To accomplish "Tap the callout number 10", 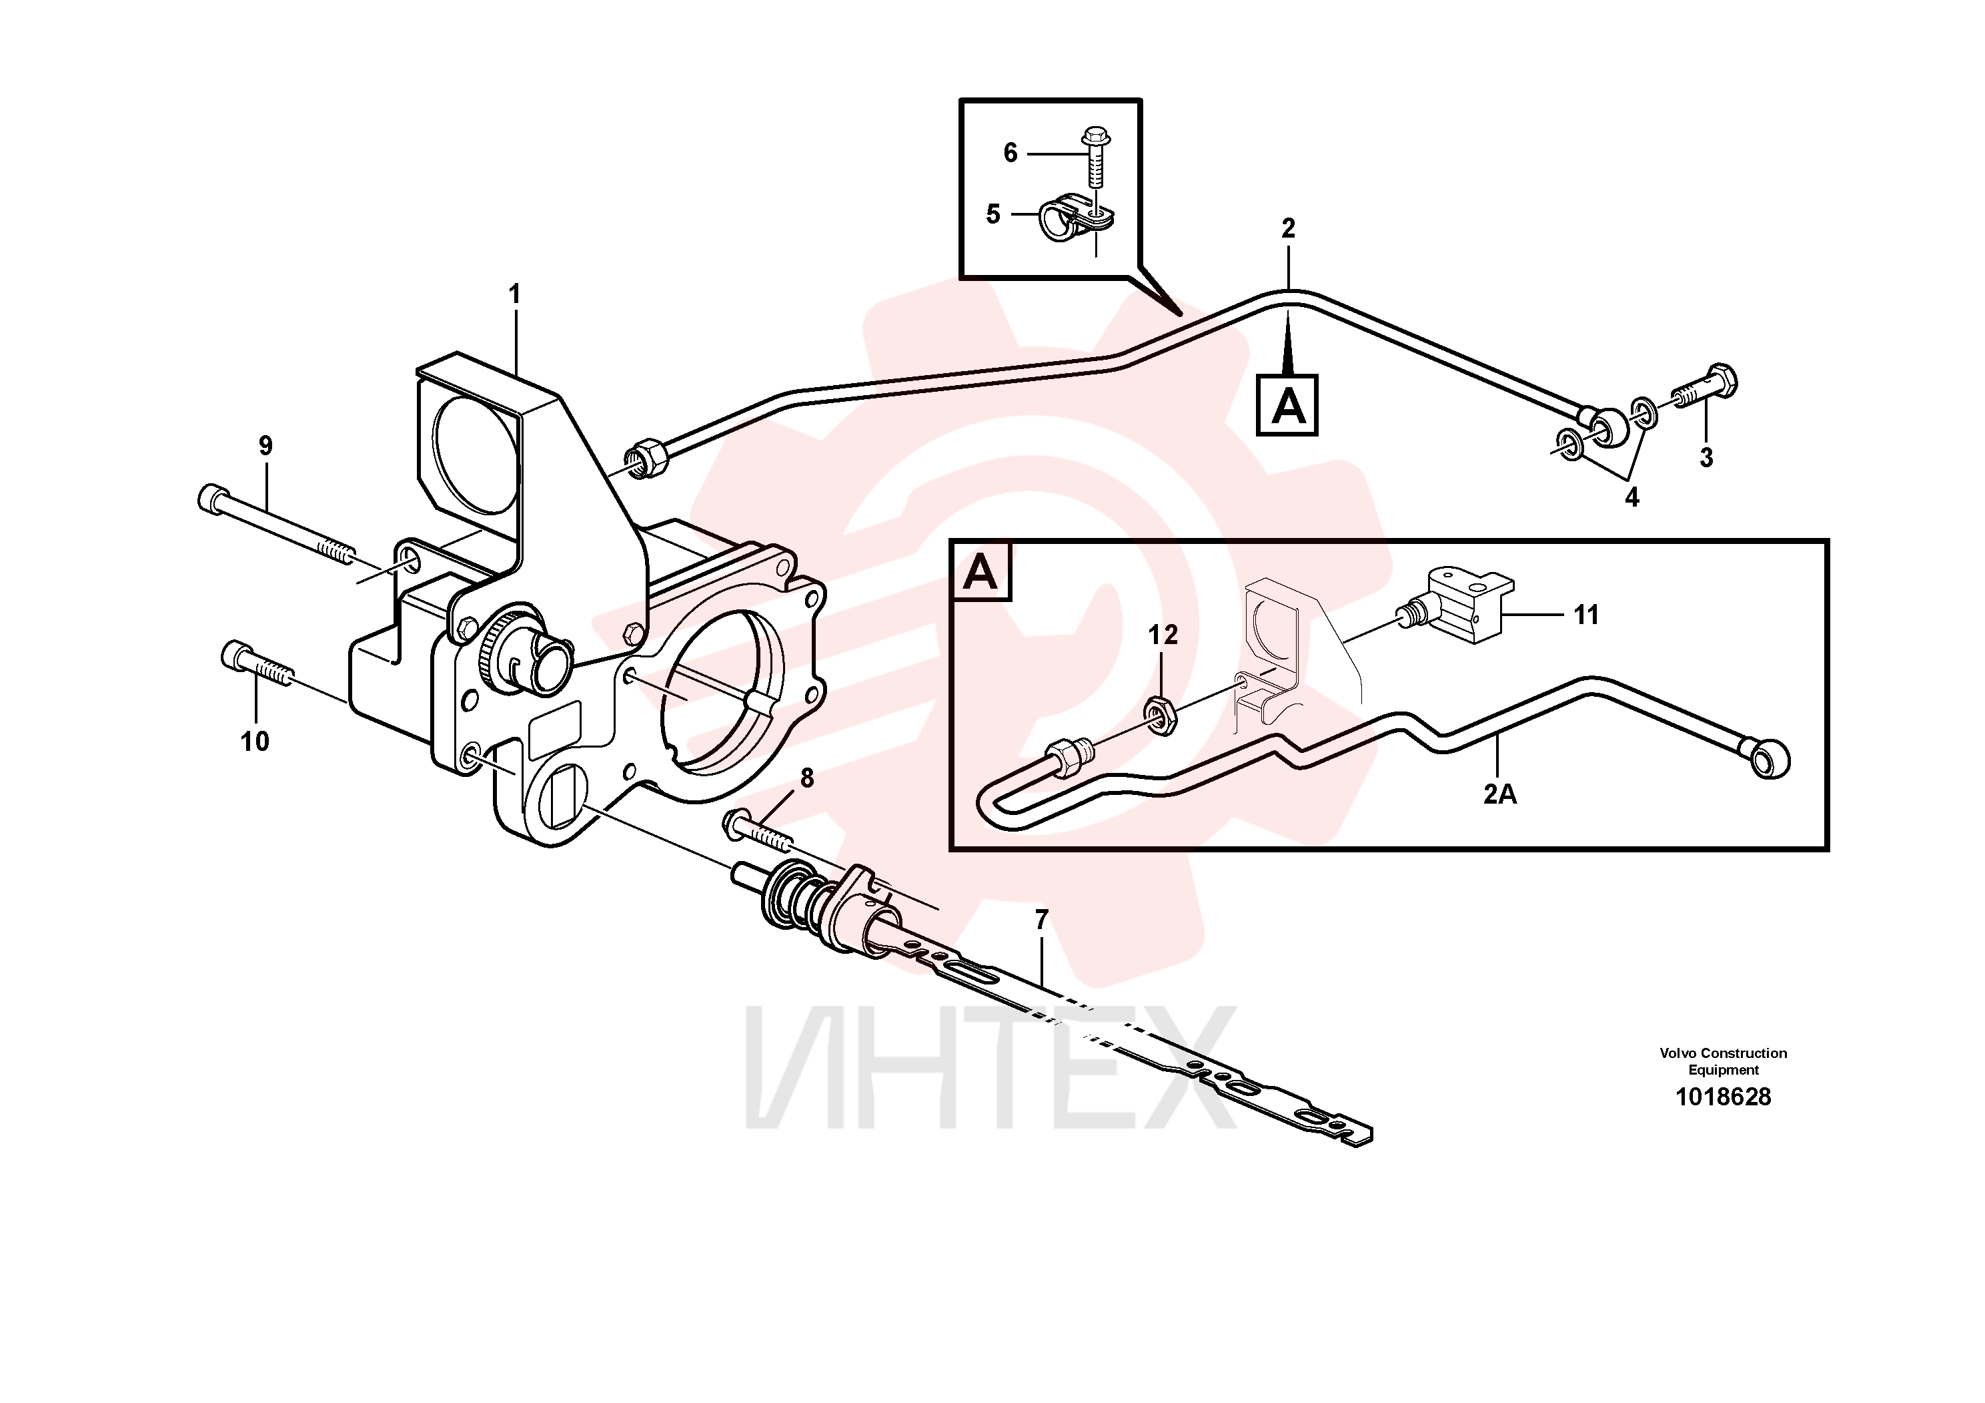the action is point(255,742).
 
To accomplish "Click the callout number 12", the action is point(1163,635).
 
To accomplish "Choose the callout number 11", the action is point(1585,615).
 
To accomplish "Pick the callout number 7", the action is point(1041,920).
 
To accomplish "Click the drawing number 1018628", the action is point(1723,1097).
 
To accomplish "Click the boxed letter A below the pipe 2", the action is point(1287,404).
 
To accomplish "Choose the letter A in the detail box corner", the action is point(980,572).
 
